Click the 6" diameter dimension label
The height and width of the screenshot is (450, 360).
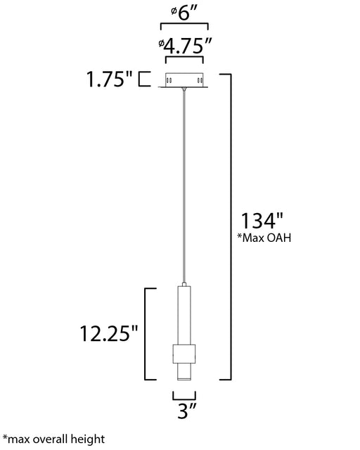(x=184, y=13)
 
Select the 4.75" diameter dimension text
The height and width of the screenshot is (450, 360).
(x=185, y=46)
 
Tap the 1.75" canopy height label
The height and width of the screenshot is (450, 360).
(x=110, y=79)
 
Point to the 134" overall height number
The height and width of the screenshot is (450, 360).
(x=262, y=221)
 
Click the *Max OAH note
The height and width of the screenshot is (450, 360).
(x=264, y=238)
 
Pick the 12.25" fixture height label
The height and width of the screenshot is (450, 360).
(x=109, y=333)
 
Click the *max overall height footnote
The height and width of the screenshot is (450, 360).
(x=53, y=439)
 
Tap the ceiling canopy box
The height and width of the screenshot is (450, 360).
(x=184, y=80)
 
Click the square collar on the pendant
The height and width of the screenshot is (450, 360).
(x=184, y=354)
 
